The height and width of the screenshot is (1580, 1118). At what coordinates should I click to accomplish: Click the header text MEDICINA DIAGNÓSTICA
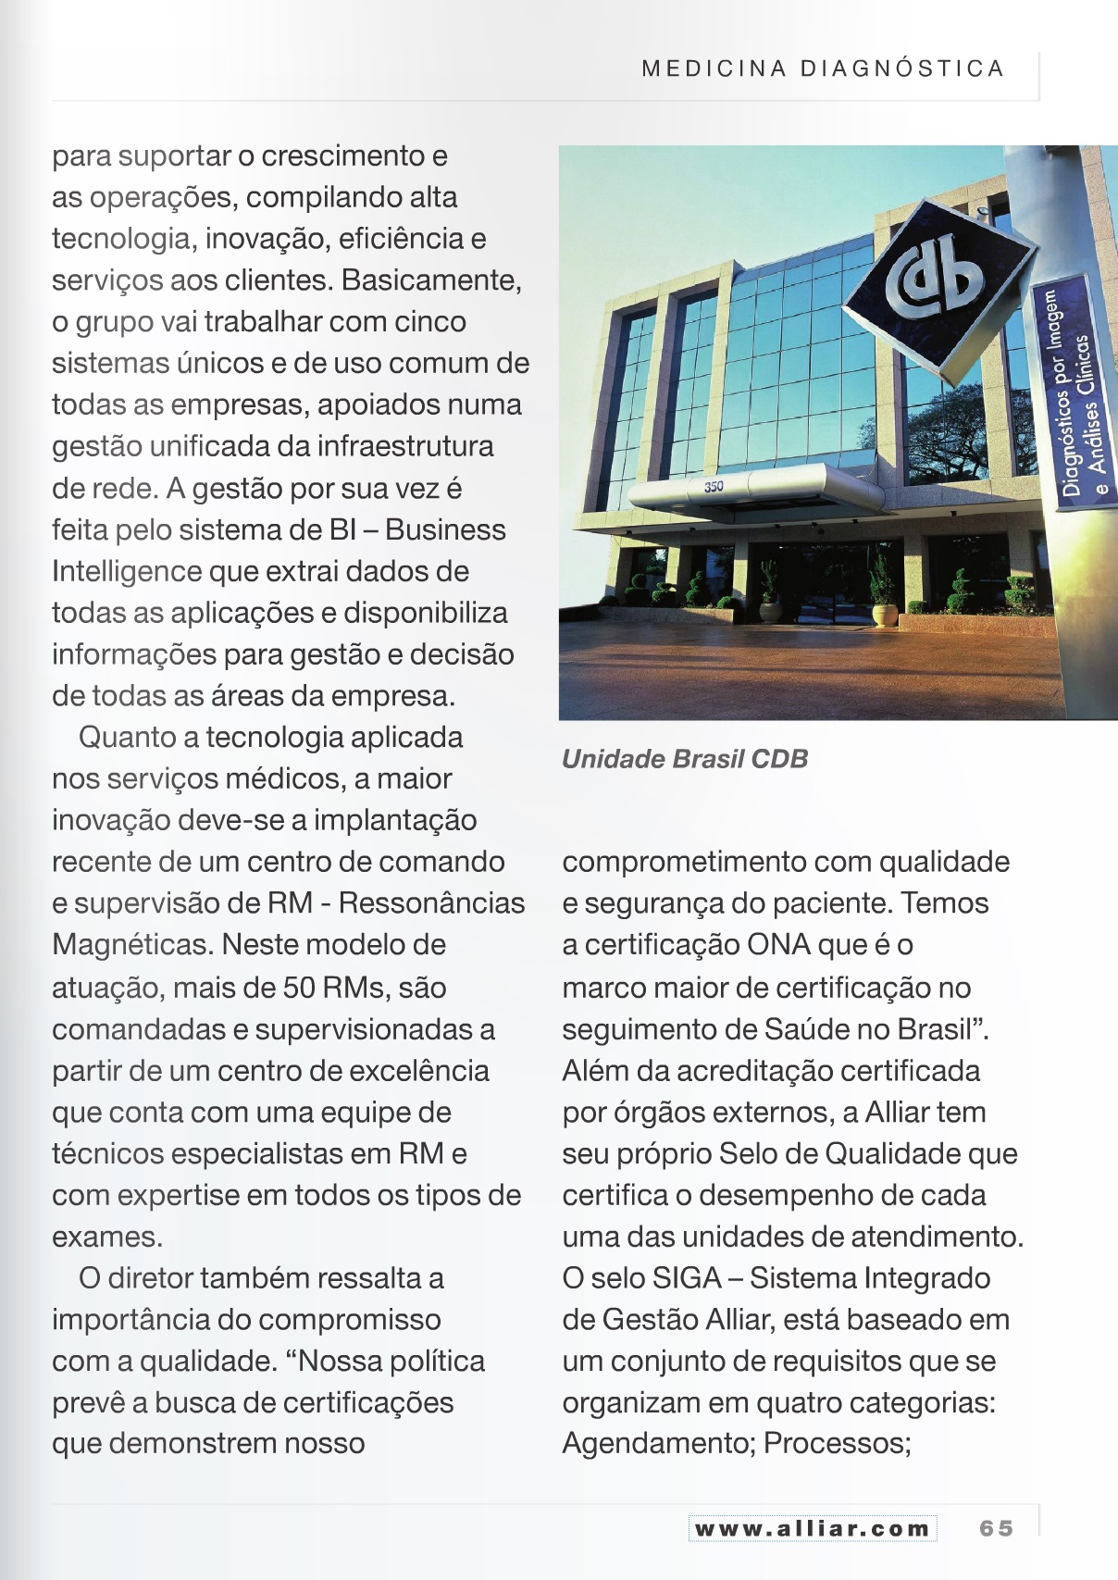pyautogui.click(x=823, y=68)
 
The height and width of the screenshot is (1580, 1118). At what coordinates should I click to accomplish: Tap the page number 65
pyautogui.click(x=996, y=1528)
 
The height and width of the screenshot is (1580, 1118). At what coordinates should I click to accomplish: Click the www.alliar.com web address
pyautogui.click(x=812, y=1528)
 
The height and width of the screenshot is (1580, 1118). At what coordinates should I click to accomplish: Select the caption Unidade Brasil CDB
pyautogui.click(x=685, y=759)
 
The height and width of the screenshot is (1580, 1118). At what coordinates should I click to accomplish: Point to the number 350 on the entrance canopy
pyautogui.click(x=714, y=486)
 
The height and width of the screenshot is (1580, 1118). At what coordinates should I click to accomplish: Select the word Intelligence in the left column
pyautogui.click(x=127, y=571)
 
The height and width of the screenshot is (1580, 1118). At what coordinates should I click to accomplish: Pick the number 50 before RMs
pyautogui.click(x=299, y=988)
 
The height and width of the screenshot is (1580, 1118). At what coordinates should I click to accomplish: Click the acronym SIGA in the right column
pyautogui.click(x=687, y=1278)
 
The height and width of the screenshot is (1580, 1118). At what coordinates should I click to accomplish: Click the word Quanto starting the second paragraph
pyautogui.click(x=128, y=737)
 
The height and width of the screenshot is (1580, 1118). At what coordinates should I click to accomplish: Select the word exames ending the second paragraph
pyautogui.click(x=106, y=1237)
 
